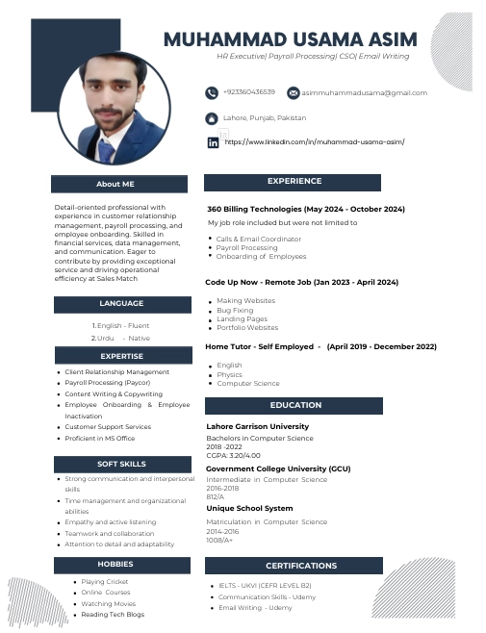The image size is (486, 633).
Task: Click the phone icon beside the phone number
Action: click(212, 92)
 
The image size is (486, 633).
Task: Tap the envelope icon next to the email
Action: click(293, 92)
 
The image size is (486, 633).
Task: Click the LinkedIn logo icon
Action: click(213, 141)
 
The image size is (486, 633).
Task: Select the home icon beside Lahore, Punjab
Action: click(212, 117)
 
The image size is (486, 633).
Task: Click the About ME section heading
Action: click(115, 183)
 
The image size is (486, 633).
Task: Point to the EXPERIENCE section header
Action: click(294, 181)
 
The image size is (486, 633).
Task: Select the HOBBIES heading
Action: click(115, 564)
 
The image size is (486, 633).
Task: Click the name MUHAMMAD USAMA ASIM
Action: click(290, 39)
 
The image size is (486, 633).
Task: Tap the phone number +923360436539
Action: click(249, 92)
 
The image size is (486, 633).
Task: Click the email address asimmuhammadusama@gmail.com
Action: click(364, 92)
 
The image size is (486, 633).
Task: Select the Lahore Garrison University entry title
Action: click(258, 427)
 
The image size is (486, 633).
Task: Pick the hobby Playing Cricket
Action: click(106, 582)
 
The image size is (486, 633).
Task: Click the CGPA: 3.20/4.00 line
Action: click(234, 455)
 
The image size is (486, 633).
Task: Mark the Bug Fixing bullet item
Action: click(235, 310)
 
